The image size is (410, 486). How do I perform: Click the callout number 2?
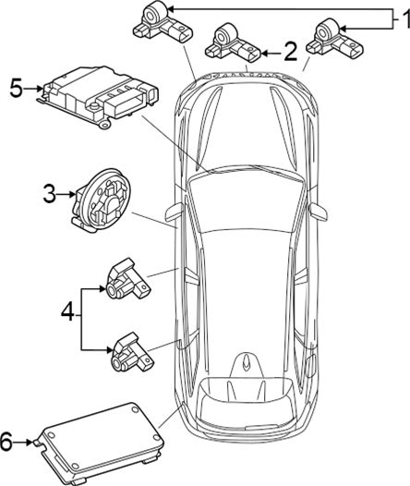click(290, 52)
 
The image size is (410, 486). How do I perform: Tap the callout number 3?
click(50, 194)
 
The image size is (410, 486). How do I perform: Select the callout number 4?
click(67, 311)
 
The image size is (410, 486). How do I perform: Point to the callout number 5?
click(16, 88)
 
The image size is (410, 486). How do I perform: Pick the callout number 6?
click(6, 442)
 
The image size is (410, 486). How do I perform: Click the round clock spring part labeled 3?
click(102, 200)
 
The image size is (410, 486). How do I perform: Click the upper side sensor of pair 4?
click(127, 279)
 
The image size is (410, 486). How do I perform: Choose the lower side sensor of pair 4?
click(133, 352)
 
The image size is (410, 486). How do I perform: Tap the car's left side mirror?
click(175, 213)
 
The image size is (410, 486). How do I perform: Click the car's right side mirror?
click(318, 212)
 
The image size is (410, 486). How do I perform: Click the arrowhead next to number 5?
click(40, 89)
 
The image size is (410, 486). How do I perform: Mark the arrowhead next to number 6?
click(30, 442)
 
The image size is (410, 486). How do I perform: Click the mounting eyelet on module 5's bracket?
click(105, 125)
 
